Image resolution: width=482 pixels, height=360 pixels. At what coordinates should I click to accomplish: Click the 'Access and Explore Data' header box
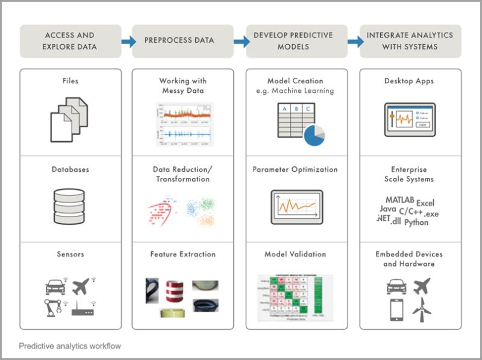pyautogui.click(x=70, y=41)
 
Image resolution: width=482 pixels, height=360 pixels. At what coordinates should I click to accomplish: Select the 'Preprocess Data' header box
pyautogui.click(x=183, y=41)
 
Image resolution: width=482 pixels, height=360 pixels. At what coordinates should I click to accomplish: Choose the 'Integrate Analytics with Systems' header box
pyautogui.click(x=410, y=41)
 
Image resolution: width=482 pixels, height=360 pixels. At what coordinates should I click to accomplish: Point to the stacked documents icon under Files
pyautogui.click(x=69, y=119)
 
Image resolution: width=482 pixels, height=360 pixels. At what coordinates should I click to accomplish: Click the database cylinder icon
pyautogui.click(x=70, y=206)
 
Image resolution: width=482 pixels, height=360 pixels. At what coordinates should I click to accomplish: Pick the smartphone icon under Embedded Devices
pyautogui.click(x=396, y=309)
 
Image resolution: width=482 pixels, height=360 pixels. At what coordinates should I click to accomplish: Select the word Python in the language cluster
pyautogui.click(x=416, y=223)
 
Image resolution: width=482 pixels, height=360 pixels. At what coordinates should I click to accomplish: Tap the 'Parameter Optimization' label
pyautogui.click(x=295, y=169)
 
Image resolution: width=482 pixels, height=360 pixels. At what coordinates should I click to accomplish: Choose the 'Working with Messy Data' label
pyautogui.click(x=182, y=86)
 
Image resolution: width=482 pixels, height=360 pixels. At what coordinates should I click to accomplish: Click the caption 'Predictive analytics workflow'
pyautogui.click(x=69, y=346)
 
